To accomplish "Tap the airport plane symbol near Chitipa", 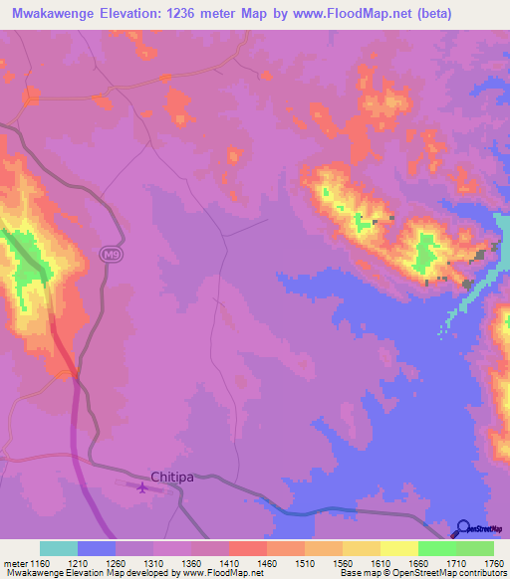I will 142,487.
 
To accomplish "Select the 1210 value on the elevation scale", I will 78,563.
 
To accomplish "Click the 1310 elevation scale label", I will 153,563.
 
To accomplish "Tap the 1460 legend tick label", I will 267,563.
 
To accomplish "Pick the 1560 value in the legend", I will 343,563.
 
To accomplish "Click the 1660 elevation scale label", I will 418,563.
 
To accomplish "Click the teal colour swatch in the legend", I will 59,548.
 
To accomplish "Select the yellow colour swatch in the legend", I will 398,548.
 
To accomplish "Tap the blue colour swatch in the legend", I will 97,548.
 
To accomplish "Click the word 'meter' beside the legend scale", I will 14,563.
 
